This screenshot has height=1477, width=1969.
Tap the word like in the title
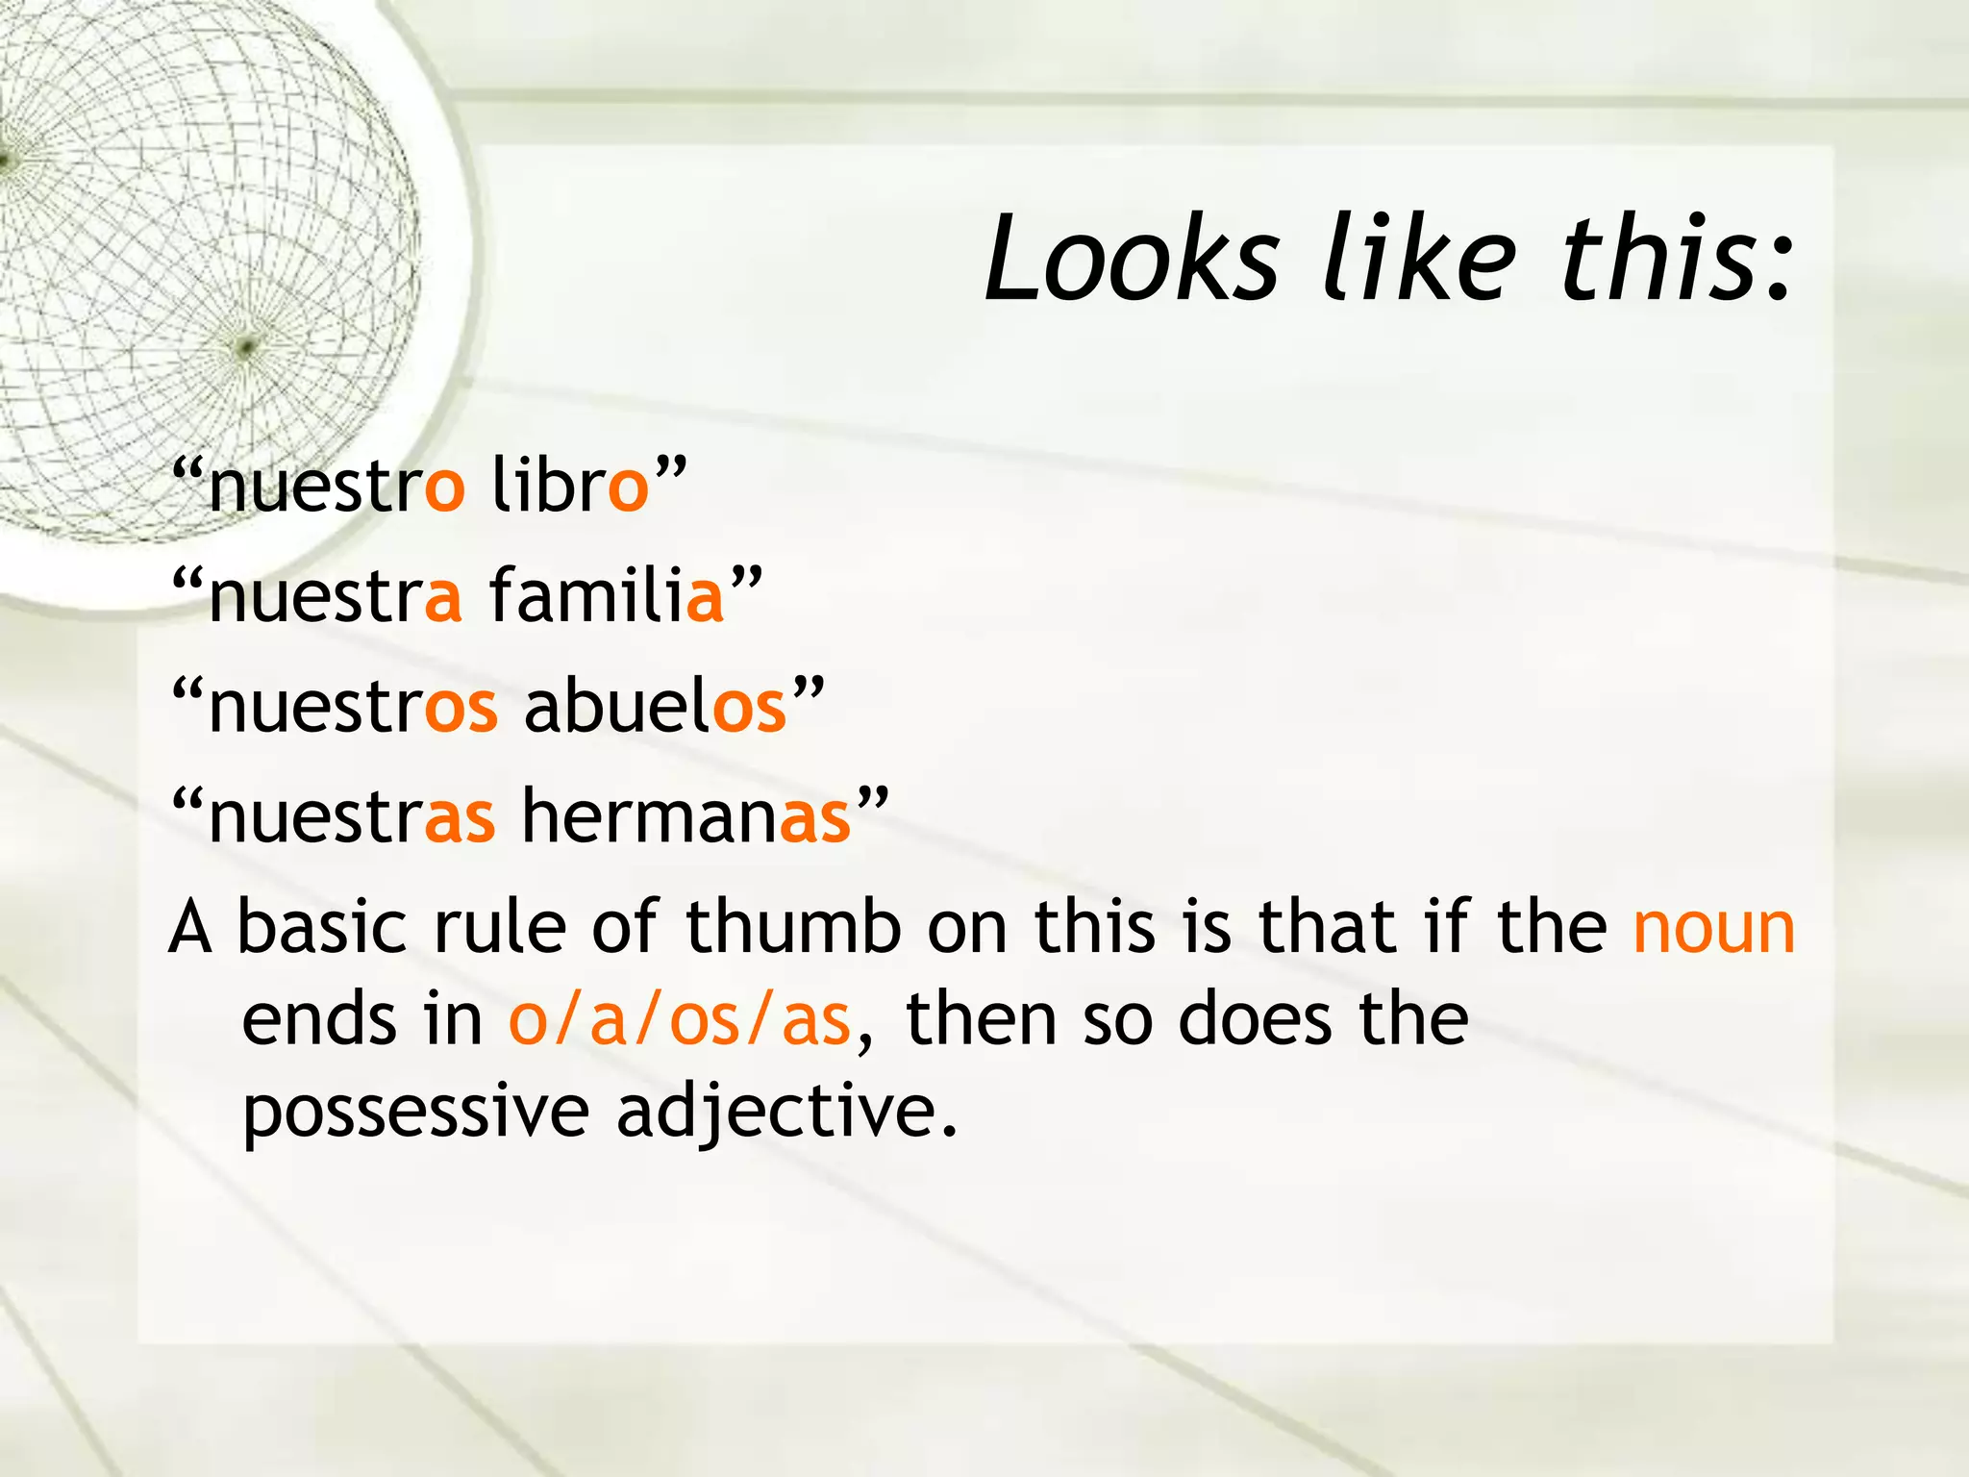click(x=1419, y=258)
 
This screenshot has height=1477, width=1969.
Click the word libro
click(x=570, y=486)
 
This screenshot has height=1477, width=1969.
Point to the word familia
click(x=606, y=595)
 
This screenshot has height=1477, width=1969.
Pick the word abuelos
click(x=655, y=707)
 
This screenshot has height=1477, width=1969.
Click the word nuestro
click(x=336, y=486)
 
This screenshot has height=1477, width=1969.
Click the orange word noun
click(x=1713, y=928)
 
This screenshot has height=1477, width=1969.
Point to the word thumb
click(x=793, y=928)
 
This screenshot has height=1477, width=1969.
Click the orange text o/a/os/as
click(x=679, y=1019)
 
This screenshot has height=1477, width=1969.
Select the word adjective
click(x=786, y=1112)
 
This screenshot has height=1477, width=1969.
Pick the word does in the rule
click(x=1256, y=1019)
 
